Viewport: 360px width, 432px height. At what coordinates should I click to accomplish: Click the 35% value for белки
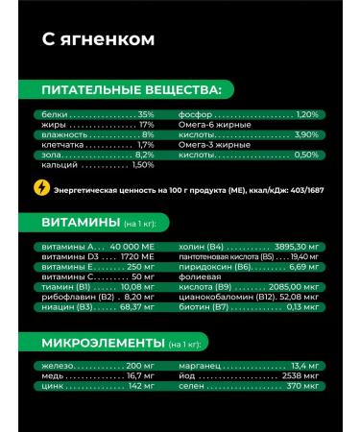(x=146, y=114)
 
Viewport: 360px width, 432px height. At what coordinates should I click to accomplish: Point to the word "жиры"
(x=55, y=125)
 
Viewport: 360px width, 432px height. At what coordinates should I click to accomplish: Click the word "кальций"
(x=60, y=164)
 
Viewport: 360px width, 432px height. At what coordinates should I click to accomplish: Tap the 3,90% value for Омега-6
(x=304, y=134)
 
